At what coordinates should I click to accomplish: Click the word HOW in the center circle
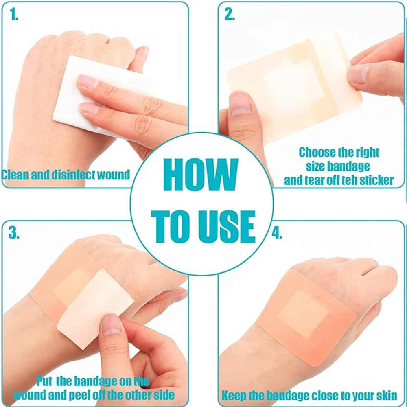tap(201, 174)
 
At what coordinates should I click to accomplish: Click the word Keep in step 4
tap(234, 395)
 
